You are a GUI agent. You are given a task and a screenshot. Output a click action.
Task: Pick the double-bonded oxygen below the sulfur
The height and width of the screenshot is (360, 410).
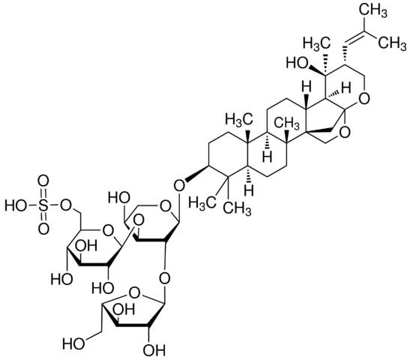pos(43,228)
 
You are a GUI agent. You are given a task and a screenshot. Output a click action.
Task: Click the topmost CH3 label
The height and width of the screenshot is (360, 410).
pos(373,11)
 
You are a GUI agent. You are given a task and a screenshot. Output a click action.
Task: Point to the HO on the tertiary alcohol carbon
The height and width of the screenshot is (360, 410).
pos(298,63)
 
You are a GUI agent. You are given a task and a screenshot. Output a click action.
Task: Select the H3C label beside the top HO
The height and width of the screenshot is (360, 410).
pos(317,43)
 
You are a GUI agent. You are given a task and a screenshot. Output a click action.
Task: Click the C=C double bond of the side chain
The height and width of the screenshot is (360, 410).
pos(354,37)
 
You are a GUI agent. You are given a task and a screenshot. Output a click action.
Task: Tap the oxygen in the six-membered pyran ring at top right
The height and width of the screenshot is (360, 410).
pos(365,99)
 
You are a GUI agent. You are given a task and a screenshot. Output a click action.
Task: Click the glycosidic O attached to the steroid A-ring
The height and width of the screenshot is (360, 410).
pos(179,186)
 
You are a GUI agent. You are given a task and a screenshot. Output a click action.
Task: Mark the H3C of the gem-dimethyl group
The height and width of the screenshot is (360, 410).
pos(202,202)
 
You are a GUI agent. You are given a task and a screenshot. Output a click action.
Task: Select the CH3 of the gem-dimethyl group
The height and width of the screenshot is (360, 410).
pos(238,208)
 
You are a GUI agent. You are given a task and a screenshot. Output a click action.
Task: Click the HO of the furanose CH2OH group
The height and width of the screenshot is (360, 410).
pos(73,343)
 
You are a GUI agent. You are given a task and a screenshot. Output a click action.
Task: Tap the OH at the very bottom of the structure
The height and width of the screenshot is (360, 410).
pos(155,350)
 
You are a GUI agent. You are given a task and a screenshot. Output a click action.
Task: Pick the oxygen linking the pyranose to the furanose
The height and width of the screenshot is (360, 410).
pos(165,278)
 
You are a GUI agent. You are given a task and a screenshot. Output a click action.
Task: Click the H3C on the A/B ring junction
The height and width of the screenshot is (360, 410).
pos(240,120)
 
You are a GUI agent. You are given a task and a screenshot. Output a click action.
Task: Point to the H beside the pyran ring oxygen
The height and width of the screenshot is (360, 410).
pos(346,88)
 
